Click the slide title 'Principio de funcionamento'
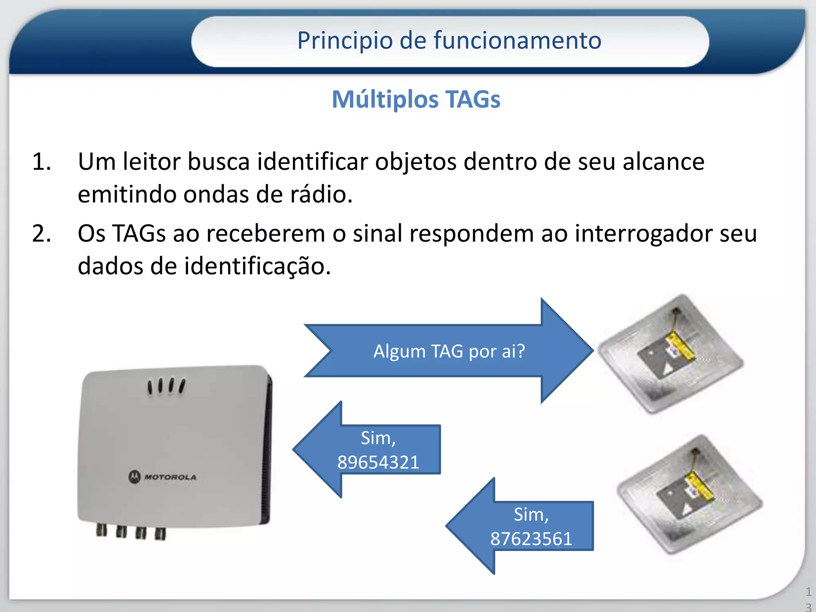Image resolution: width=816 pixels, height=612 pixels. click(x=449, y=41)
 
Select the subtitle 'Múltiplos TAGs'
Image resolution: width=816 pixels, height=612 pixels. click(x=416, y=99)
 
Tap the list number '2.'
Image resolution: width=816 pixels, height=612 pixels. click(x=41, y=234)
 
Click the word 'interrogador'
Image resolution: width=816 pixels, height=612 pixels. click(x=643, y=233)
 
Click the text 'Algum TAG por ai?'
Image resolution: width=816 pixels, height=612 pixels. click(x=449, y=351)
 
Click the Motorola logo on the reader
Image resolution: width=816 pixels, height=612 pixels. click(x=163, y=477)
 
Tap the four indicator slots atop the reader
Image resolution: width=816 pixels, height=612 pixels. click(x=166, y=386)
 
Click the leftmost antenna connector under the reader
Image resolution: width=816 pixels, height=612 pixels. click(x=102, y=530)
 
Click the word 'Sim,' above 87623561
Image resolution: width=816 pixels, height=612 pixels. click(x=531, y=515)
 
